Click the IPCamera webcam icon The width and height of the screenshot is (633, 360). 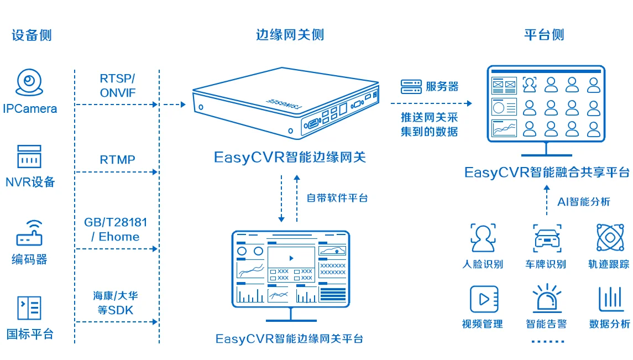[x=29, y=82]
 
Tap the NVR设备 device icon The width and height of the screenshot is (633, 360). [x=29, y=156]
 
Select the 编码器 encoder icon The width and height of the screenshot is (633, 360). [x=29, y=233]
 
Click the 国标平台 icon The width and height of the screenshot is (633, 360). [x=29, y=308]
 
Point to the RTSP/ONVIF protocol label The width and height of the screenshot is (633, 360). [x=117, y=86]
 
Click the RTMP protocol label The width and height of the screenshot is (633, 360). [x=117, y=160]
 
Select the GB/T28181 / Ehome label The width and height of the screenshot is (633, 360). [x=116, y=229]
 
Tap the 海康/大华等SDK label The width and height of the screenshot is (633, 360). [x=116, y=303]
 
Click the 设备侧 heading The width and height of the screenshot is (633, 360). [x=32, y=35]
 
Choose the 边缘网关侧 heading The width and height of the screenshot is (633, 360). [x=290, y=35]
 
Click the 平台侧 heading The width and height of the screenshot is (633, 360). [x=544, y=35]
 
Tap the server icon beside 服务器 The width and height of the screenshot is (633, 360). [x=411, y=86]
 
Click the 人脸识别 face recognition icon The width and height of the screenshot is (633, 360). [x=483, y=238]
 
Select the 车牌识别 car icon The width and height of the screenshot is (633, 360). [x=547, y=238]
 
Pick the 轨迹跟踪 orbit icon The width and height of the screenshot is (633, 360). [x=610, y=238]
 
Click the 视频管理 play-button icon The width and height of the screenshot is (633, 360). [x=484, y=299]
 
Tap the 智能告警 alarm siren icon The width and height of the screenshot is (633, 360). [x=547, y=298]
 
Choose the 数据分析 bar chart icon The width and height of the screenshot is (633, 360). [x=610, y=299]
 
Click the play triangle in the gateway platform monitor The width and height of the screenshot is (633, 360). [x=291, y=258]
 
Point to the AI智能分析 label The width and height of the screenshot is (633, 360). [x=584, y=202]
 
